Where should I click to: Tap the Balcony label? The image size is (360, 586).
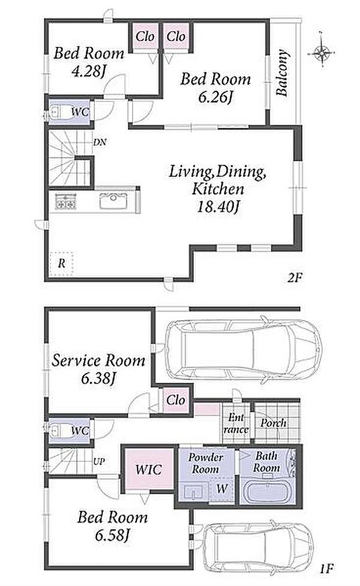(x=283, y=73)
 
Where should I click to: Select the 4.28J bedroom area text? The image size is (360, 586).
(x=88, y=71)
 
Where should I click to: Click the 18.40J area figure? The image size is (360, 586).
(x=218, y=207)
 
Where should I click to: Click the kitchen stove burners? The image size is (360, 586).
(x=66, y=202)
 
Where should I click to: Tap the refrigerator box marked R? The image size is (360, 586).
(x=62, y=263)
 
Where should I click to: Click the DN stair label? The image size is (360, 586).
(x=100, y=142)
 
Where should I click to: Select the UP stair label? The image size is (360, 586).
(x=99, y=462)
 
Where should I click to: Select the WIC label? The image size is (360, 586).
(x=149, y=469)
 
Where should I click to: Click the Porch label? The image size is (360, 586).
(x=273, y=423)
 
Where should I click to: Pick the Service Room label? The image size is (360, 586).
(x=98, y=360)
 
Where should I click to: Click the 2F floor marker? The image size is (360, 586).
(x=294, y=277)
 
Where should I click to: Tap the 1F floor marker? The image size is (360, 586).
(x=326, y=569)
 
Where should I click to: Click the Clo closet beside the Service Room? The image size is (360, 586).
(x=176, y=400)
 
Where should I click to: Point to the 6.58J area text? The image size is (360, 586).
(x=112, y=536)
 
